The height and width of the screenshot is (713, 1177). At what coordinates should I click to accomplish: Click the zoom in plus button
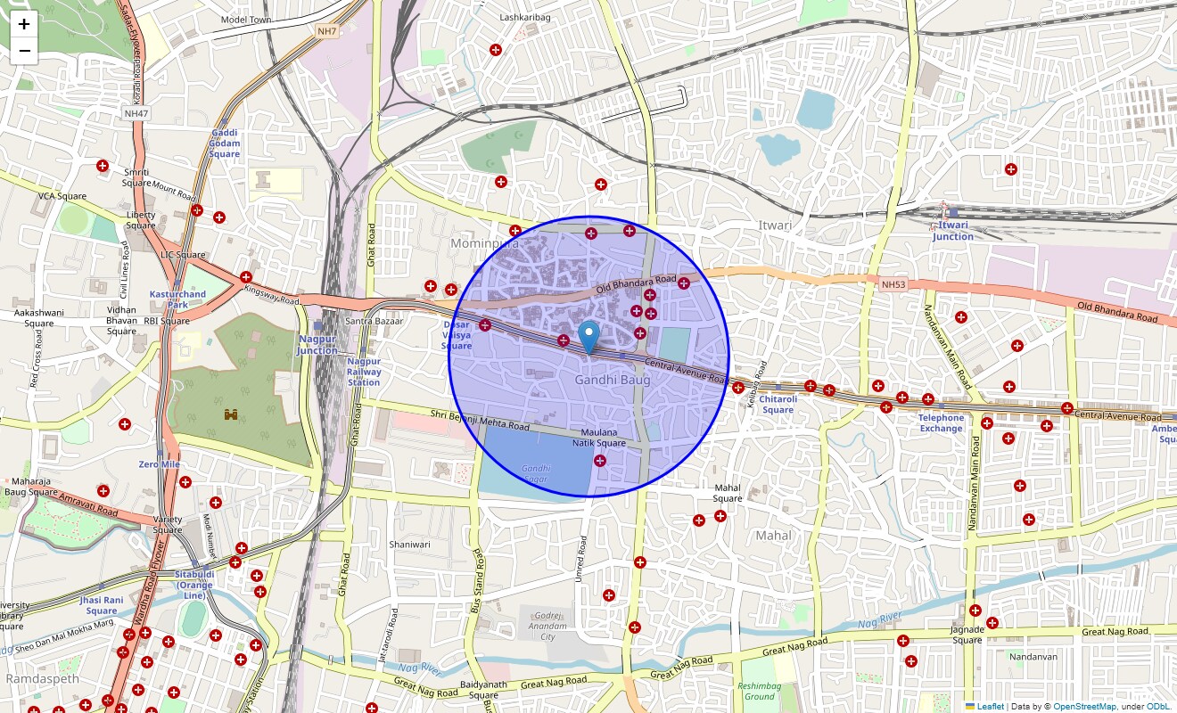coord(24,24)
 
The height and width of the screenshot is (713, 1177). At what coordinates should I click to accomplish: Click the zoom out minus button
coord(24,51)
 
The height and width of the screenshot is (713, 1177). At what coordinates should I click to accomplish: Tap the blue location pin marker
coord(588,338)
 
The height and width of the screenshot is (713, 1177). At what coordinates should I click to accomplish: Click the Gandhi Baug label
coord(612,380)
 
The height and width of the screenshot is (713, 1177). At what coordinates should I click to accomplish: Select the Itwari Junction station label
coord(953,231)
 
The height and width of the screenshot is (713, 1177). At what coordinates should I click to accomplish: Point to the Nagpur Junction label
coord(317,345)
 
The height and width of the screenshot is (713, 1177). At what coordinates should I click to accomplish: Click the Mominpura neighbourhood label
coord(484,243)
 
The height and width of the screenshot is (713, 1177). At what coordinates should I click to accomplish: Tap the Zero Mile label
coord(159,464)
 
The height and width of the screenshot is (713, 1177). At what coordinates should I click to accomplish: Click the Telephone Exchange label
coord(942,422)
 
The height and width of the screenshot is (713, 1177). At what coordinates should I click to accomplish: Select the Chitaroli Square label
coord(778,405)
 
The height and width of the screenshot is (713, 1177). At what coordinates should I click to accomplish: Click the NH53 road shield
coord(892,284)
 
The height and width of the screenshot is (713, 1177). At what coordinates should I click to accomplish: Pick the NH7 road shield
coord(327,31)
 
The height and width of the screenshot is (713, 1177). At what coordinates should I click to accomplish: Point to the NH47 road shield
coord(136,113)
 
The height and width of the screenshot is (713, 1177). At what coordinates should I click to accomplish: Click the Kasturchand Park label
coord(177,299)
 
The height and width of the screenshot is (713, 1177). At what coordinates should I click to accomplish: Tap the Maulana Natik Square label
coord(598,438)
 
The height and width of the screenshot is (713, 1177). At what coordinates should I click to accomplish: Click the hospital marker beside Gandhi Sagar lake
coord(599,461)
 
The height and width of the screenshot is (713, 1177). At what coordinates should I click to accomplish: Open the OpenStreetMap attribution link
coord(1084,707)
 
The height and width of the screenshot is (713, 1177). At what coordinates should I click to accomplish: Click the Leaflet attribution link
coord(990,707)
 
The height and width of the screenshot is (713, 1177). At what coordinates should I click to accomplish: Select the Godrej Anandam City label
coord(547,626)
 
